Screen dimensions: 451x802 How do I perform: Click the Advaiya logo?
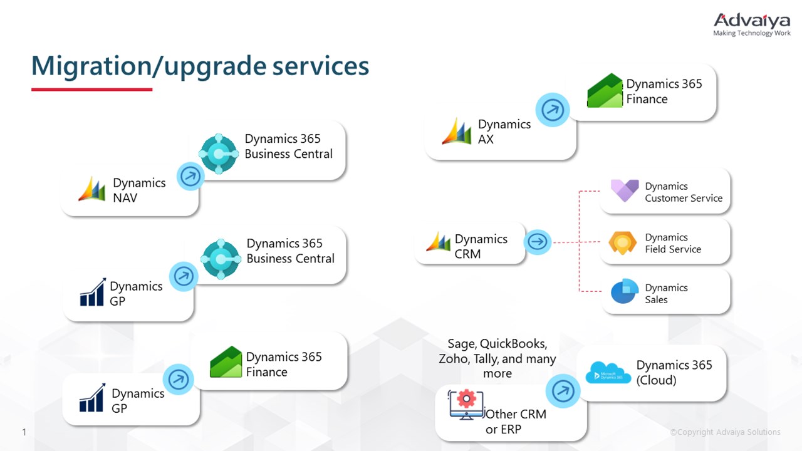[x=752, y=24]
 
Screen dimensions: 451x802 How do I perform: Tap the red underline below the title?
[x=91, y=90]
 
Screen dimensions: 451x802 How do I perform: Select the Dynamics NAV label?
[x=138, y=190]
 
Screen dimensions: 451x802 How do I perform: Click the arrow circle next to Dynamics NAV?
[x=190, y=177]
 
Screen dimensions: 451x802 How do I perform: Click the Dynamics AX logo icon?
[x=457, y=131]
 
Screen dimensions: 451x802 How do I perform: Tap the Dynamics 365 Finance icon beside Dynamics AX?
[x=605, y=91]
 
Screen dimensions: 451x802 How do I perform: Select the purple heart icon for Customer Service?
[x=624, y=190]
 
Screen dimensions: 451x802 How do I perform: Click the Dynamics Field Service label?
[x=672, y=243]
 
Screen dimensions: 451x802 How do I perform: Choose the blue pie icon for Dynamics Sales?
[x=623, y=293]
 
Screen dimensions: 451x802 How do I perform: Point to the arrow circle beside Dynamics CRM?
[x=537, y=241]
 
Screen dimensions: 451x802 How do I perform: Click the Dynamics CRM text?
[x=481, y=246]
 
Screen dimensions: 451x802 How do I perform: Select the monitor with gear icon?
[x=466, y=404]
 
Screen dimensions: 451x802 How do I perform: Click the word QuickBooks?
[x=513, y=344]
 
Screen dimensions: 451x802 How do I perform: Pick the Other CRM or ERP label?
[x=515, y=422]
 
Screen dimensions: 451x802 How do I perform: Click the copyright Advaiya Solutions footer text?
[x=725, y=432]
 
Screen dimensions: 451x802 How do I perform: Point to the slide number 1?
[x=24, y=432]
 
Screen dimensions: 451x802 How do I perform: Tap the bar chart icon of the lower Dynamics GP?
[x=92, y=398]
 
